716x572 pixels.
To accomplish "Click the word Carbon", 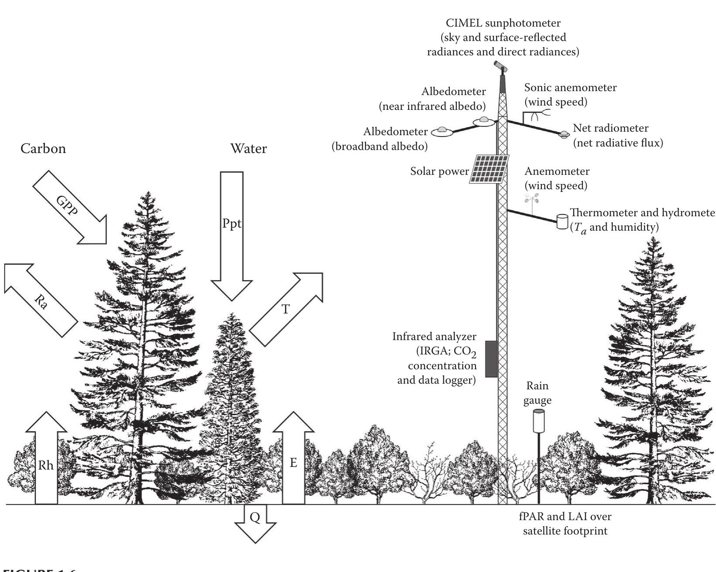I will [x=44, y=149].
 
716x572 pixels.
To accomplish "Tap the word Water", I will [x=249, y=149].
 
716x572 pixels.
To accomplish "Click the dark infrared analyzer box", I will [x=491, y=359].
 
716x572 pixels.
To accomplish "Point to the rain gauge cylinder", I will [x=539, y=421].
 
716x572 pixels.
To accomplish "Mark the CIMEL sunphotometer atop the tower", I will [x=500, y=66].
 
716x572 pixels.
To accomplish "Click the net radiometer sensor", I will [x=564, y=134].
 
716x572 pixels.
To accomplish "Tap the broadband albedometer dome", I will [x=442, y=131].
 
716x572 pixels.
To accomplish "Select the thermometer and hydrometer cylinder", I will [x=562, y=221].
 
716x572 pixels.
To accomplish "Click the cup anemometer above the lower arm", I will [x=532, y=200].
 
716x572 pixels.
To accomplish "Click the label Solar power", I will [x=439, y=171].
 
